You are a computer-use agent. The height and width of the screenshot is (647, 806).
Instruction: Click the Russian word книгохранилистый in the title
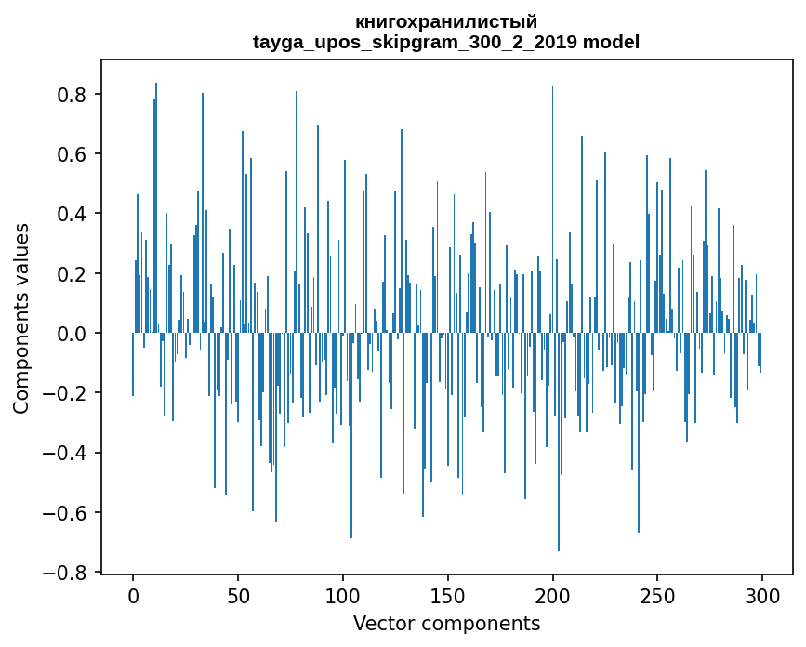[446, 22]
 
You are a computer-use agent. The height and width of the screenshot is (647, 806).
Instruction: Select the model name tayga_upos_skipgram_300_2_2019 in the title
[415, 42]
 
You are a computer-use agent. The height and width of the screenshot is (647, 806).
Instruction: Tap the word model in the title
[611, 42]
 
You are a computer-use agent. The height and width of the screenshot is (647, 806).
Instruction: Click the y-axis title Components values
[21, 319]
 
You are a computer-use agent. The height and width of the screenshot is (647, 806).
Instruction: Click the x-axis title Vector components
[446, 624]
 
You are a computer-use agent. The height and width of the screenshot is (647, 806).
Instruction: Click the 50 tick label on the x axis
[238, 597]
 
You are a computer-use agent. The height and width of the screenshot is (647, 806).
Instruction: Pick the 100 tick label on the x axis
[343, 597]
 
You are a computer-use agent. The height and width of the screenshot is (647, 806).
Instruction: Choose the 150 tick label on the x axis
[448, 597]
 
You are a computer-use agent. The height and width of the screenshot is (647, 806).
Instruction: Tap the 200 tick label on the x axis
[552, 597]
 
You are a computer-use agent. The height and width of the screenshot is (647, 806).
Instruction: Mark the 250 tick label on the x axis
[657, 597]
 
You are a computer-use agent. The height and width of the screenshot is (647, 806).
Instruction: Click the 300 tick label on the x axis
[762, 597]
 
